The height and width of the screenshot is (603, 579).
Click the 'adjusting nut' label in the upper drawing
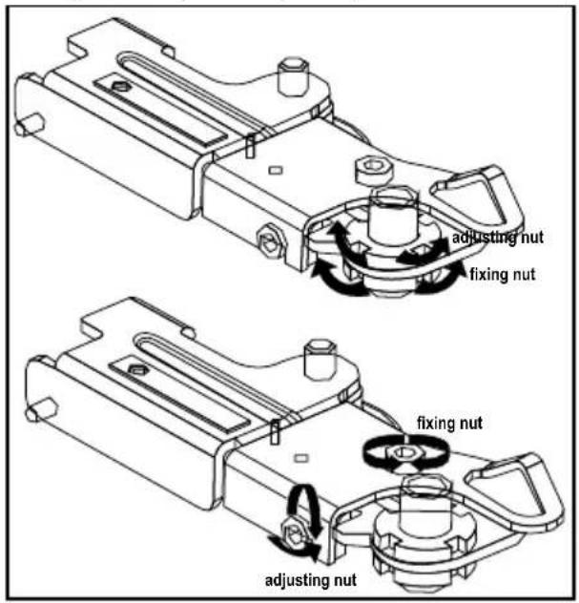498,238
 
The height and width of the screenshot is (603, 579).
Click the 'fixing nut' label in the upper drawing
503,275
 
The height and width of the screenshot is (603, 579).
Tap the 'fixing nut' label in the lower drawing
450,423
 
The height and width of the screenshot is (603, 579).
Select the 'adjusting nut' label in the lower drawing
311,580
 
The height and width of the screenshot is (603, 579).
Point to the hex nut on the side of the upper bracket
270,241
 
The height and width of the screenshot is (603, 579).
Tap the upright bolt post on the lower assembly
321,359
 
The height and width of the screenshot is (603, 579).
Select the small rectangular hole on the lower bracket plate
301,458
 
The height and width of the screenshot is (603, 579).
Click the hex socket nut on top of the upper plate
374,169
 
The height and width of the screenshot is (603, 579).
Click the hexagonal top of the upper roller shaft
393,197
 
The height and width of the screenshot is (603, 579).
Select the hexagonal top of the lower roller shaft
424,486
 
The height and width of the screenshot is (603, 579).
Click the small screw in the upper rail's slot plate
121,87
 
